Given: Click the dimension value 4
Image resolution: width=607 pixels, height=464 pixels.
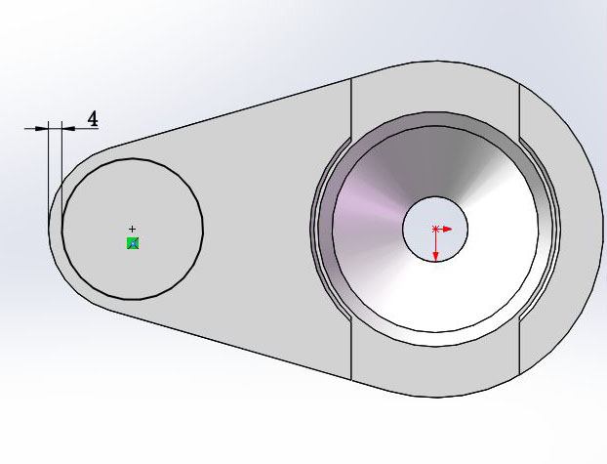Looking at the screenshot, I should pos(93,119).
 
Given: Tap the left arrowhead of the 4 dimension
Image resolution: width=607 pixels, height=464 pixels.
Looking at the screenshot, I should pos(42,128).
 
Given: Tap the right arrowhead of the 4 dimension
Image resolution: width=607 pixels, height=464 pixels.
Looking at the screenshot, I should pos(66,128).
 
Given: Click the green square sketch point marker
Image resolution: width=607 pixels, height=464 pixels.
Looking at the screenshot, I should pos(133,242).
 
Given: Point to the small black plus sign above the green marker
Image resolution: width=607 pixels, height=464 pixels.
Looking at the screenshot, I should pos(133,229).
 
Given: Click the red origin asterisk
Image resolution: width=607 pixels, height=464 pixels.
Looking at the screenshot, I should pos(435,230).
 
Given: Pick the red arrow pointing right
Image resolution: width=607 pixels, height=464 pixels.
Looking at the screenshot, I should pos(447,229).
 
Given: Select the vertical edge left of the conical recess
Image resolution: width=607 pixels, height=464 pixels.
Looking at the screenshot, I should pos(350,107).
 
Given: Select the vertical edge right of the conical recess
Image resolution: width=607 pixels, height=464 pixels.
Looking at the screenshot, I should pos(519,107).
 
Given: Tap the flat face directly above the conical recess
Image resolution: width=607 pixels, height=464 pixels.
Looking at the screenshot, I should pos(434,93).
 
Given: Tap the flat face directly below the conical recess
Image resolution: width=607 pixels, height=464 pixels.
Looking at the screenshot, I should pos(434,371).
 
